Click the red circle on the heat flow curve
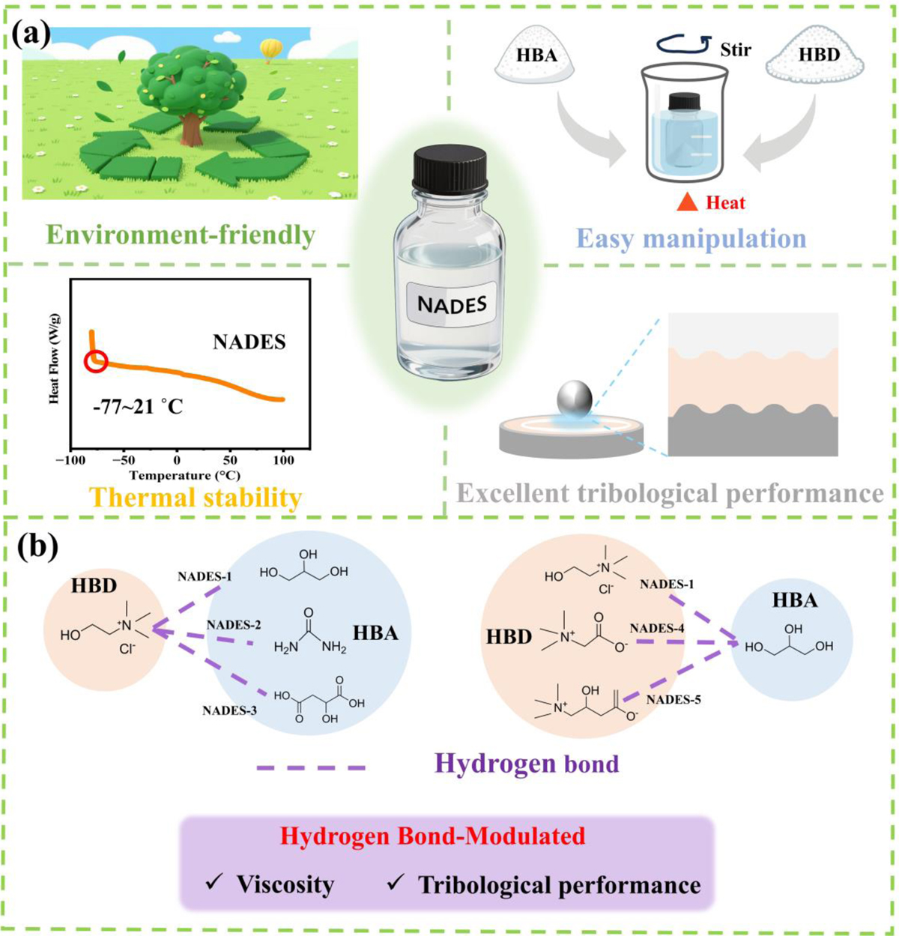[97, 363]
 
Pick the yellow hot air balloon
[270, 50]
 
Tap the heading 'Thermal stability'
[196, 498]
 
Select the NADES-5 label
[674, 699]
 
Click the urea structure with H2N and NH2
[310, 637]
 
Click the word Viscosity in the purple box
[285, 884]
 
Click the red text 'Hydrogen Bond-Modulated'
[432, 836]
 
